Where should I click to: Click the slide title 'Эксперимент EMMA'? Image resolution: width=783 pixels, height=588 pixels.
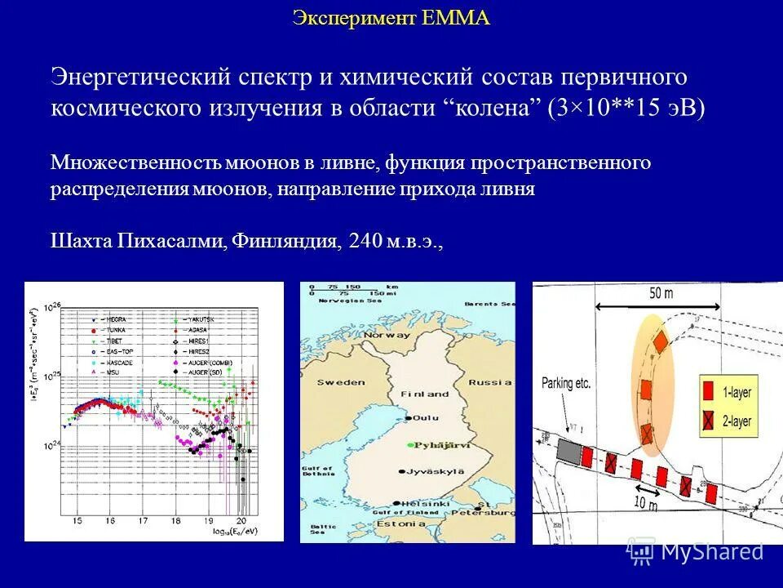pyautogui.click(x=391, y=19)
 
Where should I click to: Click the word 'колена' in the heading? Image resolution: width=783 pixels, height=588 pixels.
pyautogui.click(x=492, y=109)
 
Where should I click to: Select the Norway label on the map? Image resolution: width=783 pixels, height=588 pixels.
pyautogui.click(x=387, y=335)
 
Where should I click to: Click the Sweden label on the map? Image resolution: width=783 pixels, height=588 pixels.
pyautogui.click(x=341, y=381)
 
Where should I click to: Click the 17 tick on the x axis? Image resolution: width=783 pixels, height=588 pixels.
pyautogui.click(x=142, y=519)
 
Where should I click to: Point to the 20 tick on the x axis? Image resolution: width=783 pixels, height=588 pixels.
pyautogui.click(x=241, y=519)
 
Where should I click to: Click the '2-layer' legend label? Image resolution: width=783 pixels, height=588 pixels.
pyautogui.click(x=737, y=421)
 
